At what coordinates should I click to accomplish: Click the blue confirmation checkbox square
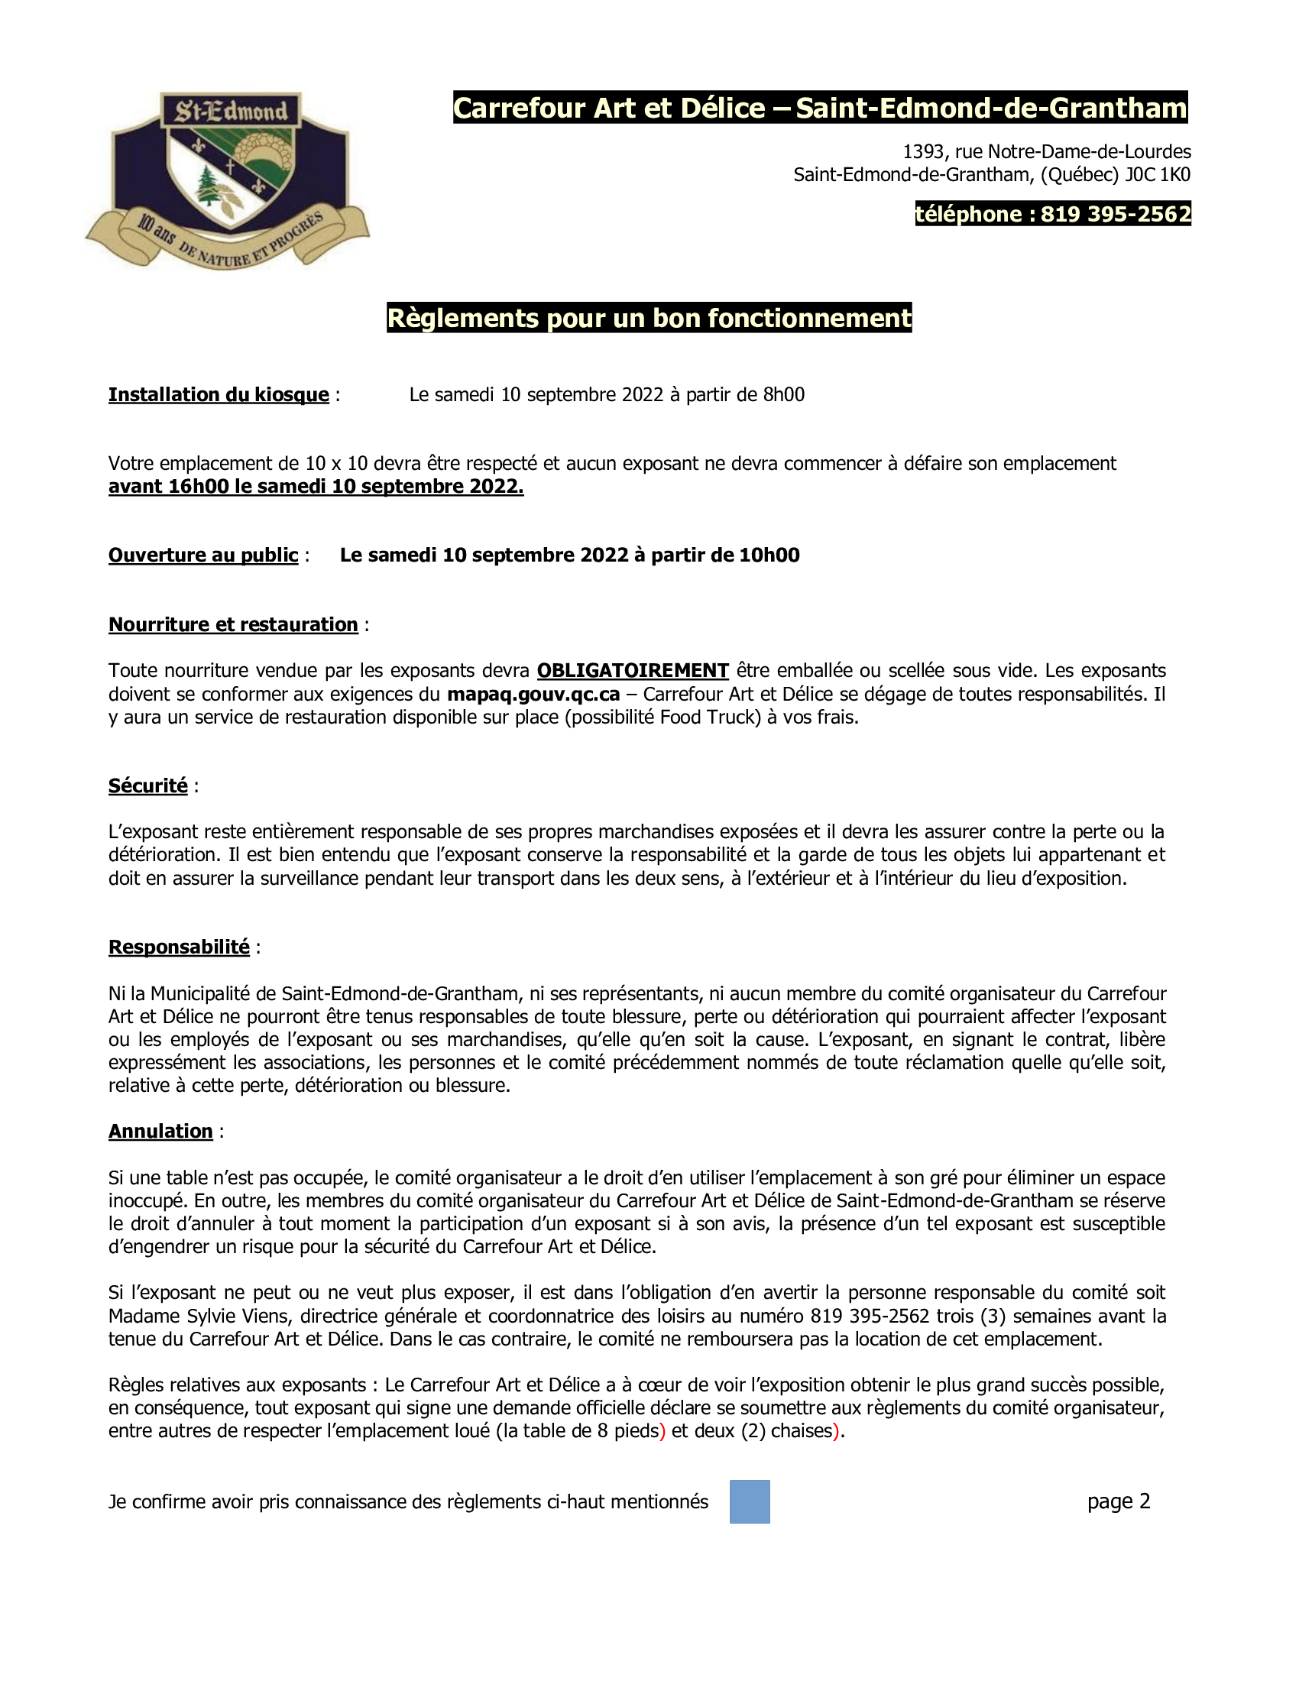tap(750, 1501)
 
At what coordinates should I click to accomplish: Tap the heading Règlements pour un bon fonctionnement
tap(649, 318)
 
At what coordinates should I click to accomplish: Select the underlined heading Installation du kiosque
tap(219, 395)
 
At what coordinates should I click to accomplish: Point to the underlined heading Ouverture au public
tap(203, 555)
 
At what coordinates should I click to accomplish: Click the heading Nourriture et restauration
tap(233, 624)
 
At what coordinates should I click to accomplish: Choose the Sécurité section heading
tap(147, 785)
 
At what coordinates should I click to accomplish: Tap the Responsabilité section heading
tap(179, 947)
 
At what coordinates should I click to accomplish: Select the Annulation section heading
tap(160, 1131)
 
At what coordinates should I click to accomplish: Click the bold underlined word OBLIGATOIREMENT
tap(633, 670)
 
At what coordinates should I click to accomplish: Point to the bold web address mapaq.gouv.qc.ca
tap(533, 694)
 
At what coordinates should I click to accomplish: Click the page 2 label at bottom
tap(1118, 1501)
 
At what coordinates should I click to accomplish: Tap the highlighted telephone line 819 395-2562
tap(1052, 214)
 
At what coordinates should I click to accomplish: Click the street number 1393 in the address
tap(924, 151)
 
